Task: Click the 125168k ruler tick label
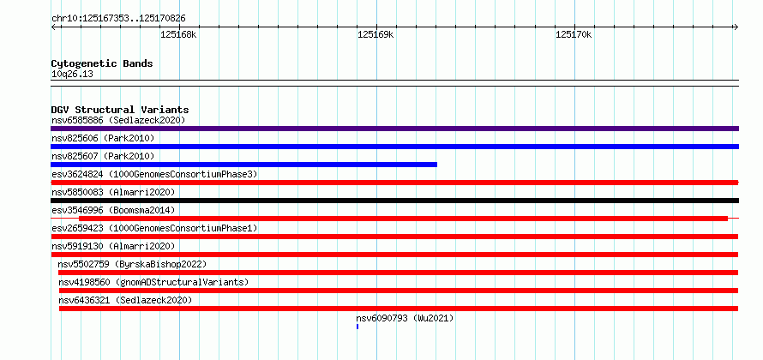coord(178,34)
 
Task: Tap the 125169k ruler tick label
coord(375,34)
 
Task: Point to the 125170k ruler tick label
coord(574,34)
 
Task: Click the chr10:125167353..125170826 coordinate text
coord(118,19)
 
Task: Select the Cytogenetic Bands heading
coord(102,63)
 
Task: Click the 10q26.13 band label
coord(73,75)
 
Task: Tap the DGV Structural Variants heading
coord(120,110)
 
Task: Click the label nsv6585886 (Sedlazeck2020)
coord(118,120)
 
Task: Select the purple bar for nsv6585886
coord(394,129)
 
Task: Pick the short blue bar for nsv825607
coord(243,165)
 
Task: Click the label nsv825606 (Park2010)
coord(103,139)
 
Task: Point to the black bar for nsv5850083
coord(394,201)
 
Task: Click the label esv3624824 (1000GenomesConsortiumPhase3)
coord(154,174)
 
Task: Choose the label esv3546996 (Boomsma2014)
coord(113,210)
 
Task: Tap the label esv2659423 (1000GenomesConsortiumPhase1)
coord(154,228)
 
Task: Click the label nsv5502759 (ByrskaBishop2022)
coord(132,264)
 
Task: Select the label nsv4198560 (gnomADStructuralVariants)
coord(153,282)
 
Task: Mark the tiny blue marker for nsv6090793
coord(357,327)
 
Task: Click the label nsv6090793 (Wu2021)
coord(405,318)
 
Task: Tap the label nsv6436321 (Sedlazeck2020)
coord(125,300)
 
